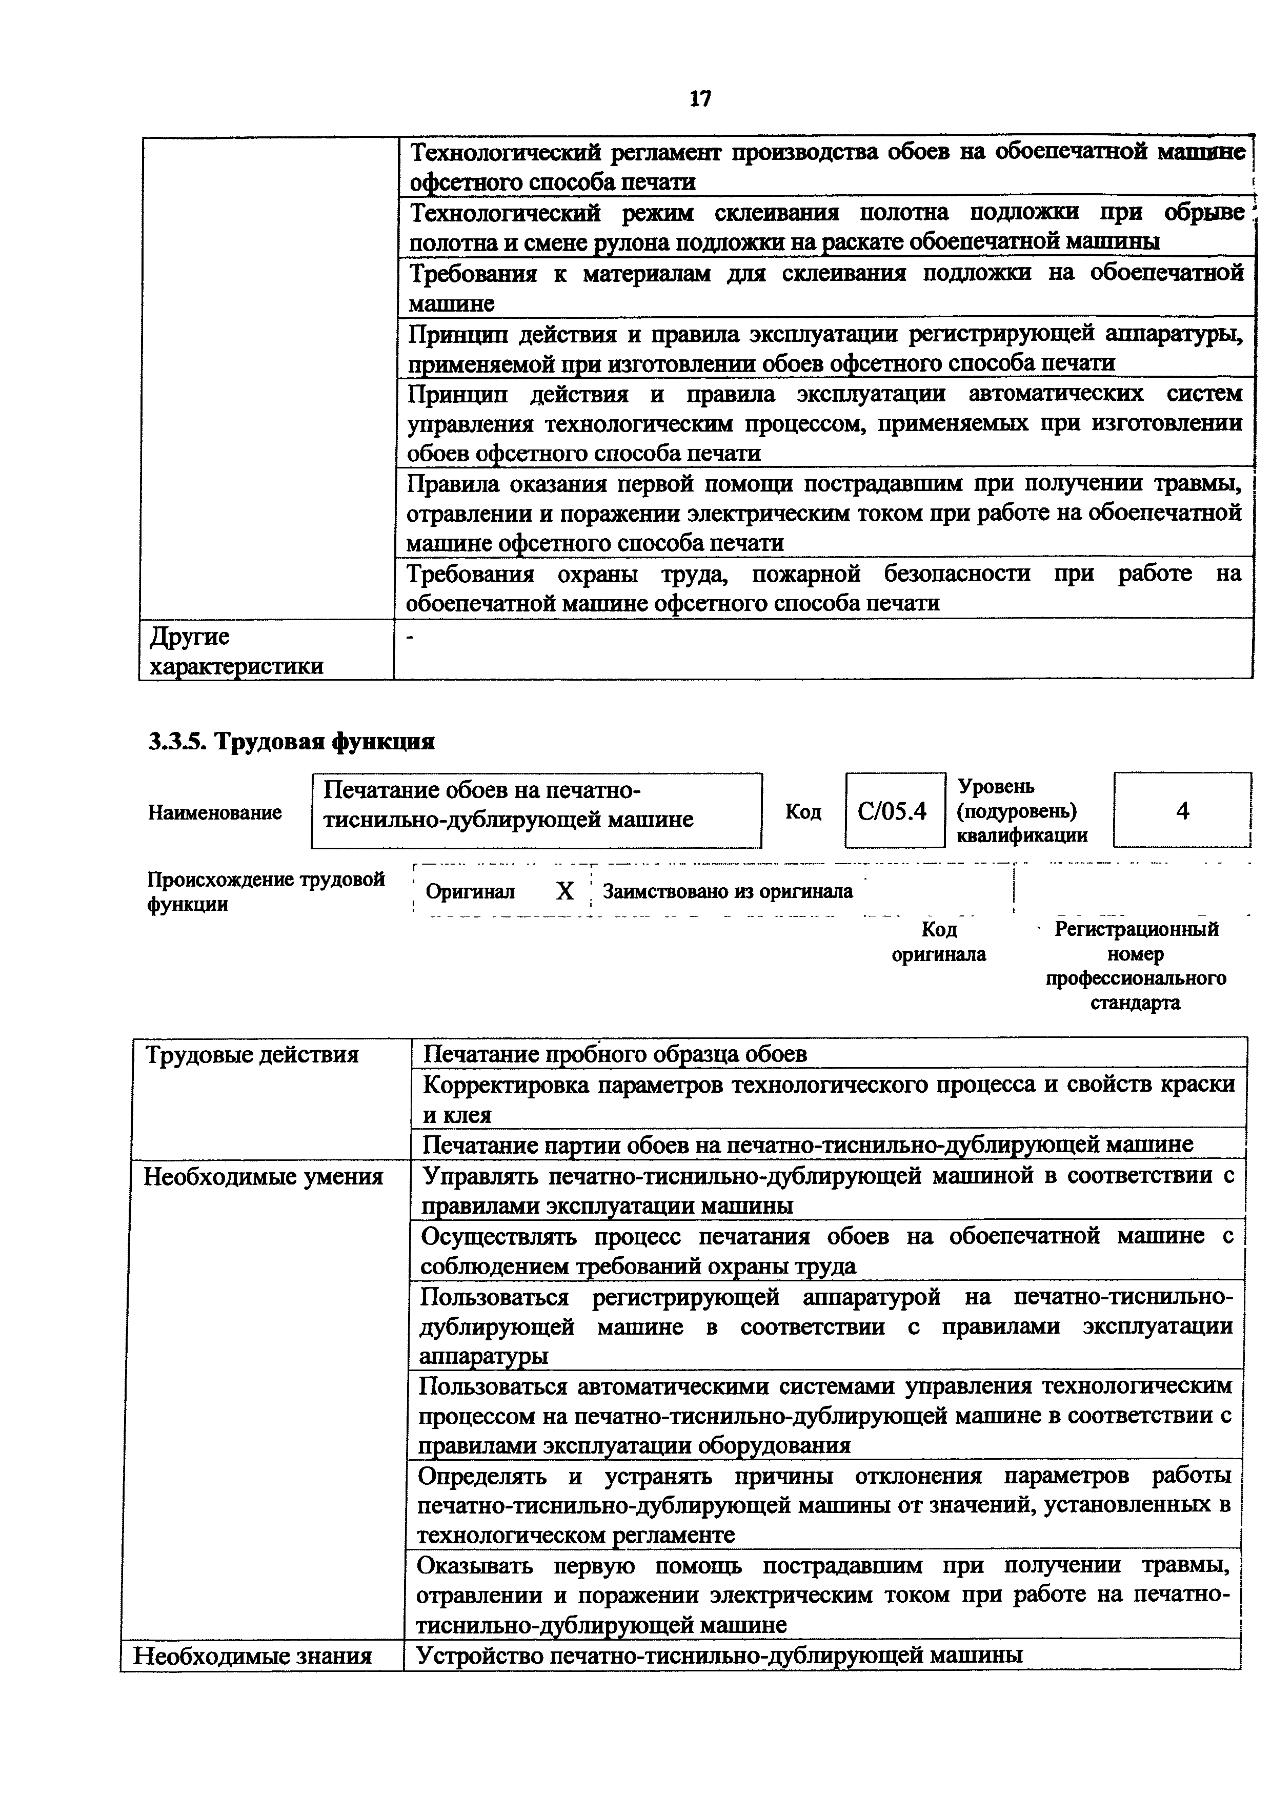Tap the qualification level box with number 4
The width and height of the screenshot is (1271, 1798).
(1182, 810)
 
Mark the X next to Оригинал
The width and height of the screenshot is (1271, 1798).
(564, 891)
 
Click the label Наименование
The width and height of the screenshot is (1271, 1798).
(215, 813)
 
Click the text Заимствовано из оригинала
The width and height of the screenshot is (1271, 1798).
(728, 891)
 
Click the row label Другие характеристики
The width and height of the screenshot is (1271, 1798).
(235, 651)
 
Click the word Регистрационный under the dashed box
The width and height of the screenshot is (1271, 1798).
(1136, 930)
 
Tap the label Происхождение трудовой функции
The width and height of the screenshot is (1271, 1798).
(266, 892)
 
